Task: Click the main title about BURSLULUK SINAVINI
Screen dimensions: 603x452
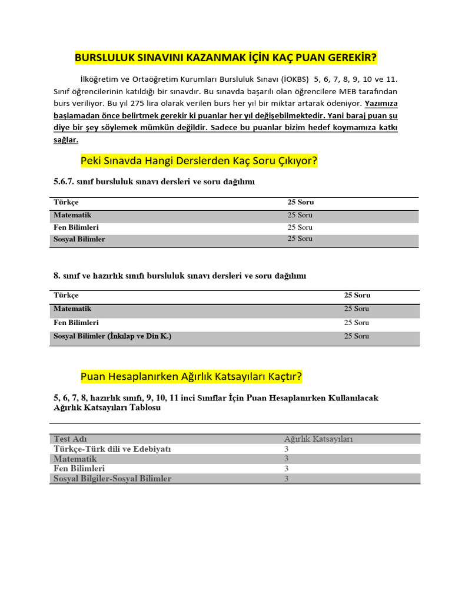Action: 226,58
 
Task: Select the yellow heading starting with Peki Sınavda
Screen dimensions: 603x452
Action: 198,161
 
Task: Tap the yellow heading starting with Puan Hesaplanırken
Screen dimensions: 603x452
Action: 191,376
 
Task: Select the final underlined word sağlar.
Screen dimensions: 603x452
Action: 65,141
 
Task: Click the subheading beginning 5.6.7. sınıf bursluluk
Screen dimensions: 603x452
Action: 154,183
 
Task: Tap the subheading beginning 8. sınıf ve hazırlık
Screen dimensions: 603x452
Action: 180,276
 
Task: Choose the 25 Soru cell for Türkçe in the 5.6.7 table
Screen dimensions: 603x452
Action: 300,203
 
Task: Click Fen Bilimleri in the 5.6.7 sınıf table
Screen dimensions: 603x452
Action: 76,227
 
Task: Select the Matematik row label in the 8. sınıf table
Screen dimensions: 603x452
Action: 72,309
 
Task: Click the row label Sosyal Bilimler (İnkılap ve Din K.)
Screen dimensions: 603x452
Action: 112,336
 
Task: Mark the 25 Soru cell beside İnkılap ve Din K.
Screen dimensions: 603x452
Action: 357,336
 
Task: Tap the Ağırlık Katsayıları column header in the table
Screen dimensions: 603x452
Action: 318,439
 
